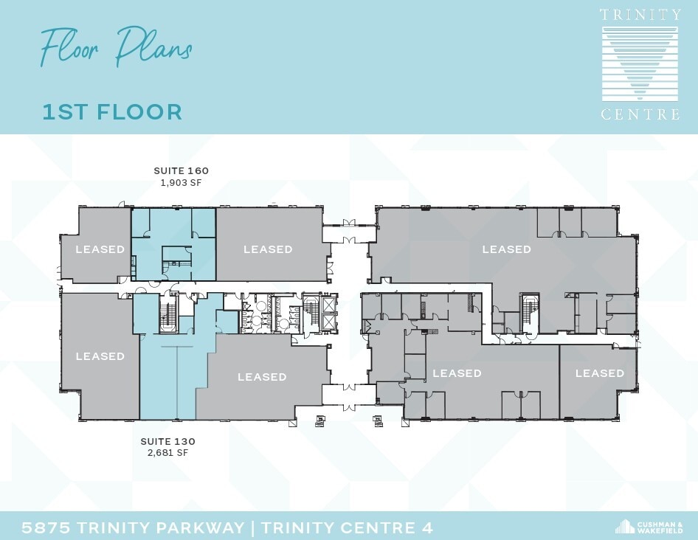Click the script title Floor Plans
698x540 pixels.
point(116,47)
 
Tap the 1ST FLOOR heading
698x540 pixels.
point(112,112)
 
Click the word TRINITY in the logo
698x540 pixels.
point(640,15)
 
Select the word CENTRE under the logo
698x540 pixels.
point(640,114)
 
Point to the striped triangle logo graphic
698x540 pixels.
point(640,63)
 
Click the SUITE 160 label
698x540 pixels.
point(181,170)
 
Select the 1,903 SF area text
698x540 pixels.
point(181,182)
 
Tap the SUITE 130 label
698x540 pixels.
point(167,441)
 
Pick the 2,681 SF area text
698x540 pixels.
point(167,453)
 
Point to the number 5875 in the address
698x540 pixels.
point(46,527)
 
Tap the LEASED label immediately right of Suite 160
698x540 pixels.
point(268,249)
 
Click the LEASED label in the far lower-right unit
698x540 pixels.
point(599,373)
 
